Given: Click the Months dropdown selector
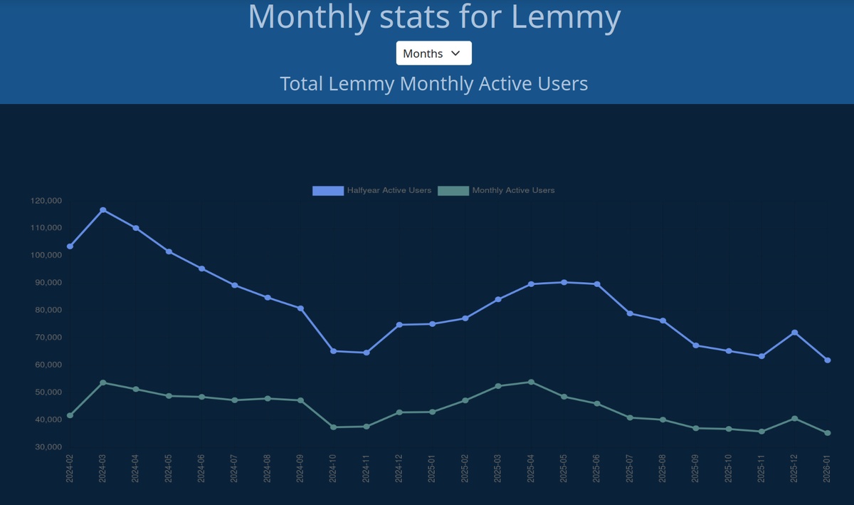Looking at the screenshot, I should (433, 53).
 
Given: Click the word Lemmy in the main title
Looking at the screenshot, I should (566, 17).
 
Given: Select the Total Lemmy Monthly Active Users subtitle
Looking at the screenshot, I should (433, 83).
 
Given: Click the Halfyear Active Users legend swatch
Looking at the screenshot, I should (327, 190).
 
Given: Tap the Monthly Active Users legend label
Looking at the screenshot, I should (513, 190).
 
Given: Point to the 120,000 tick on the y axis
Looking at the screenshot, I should (47, 201).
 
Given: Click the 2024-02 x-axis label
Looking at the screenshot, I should (70, 467).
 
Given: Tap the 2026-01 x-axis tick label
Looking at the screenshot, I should (828, 467).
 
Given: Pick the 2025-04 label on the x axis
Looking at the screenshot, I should (531, 467).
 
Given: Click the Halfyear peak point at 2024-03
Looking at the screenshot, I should (103, 210).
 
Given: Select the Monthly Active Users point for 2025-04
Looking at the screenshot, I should (531, 382).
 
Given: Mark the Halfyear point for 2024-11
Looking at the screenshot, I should (367, 353).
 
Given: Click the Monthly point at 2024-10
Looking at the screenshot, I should (333, 427).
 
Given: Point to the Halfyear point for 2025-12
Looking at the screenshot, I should (795, 333).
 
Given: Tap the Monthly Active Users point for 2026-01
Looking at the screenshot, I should (828, 433).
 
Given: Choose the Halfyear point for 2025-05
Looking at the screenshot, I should (564, 282).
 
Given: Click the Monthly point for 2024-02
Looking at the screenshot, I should (70, 415).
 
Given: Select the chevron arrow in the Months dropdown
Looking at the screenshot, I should (456, 53).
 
